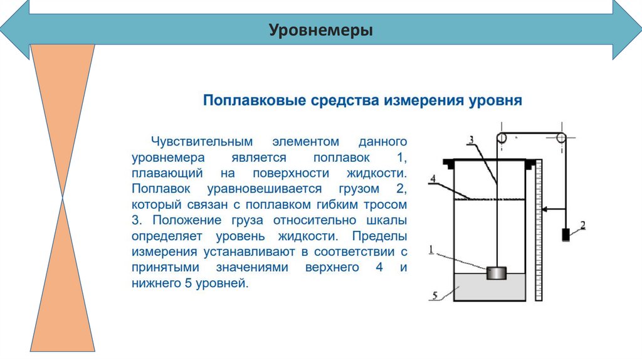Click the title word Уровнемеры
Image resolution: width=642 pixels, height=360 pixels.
point(320,29)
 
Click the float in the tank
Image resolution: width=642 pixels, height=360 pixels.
point(497,273)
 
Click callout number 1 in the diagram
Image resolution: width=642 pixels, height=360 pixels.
point(431,250)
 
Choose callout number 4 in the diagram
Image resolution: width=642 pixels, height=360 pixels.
point(432,178)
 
